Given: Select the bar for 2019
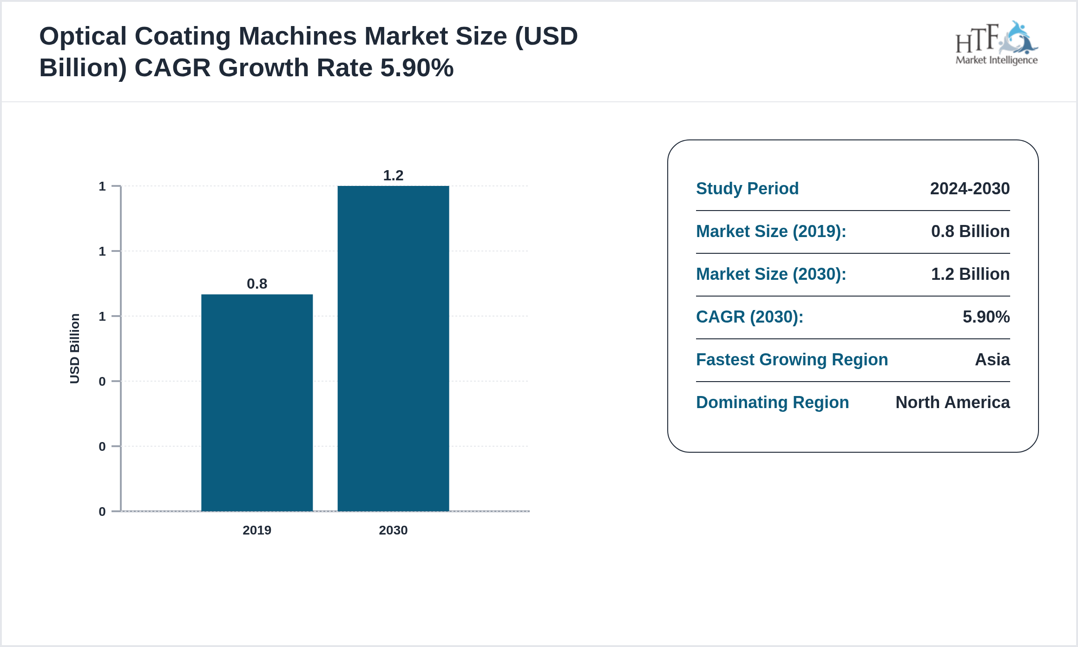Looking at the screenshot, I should point(257,403).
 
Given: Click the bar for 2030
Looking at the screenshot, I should point(393,349).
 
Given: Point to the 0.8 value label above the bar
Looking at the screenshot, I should point(257,284).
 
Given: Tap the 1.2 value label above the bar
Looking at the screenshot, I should point(393,175).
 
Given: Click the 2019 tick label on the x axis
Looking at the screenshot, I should point(257,530).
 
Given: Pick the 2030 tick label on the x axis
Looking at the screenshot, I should point(393,530).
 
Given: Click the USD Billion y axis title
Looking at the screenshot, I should point(75,349).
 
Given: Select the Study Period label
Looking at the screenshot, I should point(747,188).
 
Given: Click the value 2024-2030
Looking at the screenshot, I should point(970,188).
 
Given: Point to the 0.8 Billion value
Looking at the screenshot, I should point(970,231).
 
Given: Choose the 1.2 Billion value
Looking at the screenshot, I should point(970,274).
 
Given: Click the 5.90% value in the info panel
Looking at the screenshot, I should point(986,317).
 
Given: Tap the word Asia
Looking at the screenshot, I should point(992,359).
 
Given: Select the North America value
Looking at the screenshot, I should point(953,402).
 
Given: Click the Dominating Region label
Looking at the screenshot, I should point(772,402).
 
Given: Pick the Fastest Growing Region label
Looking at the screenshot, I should point(792,359).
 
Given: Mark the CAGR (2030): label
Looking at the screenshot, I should point(749,317).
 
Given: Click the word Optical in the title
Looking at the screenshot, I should point(83,36).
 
